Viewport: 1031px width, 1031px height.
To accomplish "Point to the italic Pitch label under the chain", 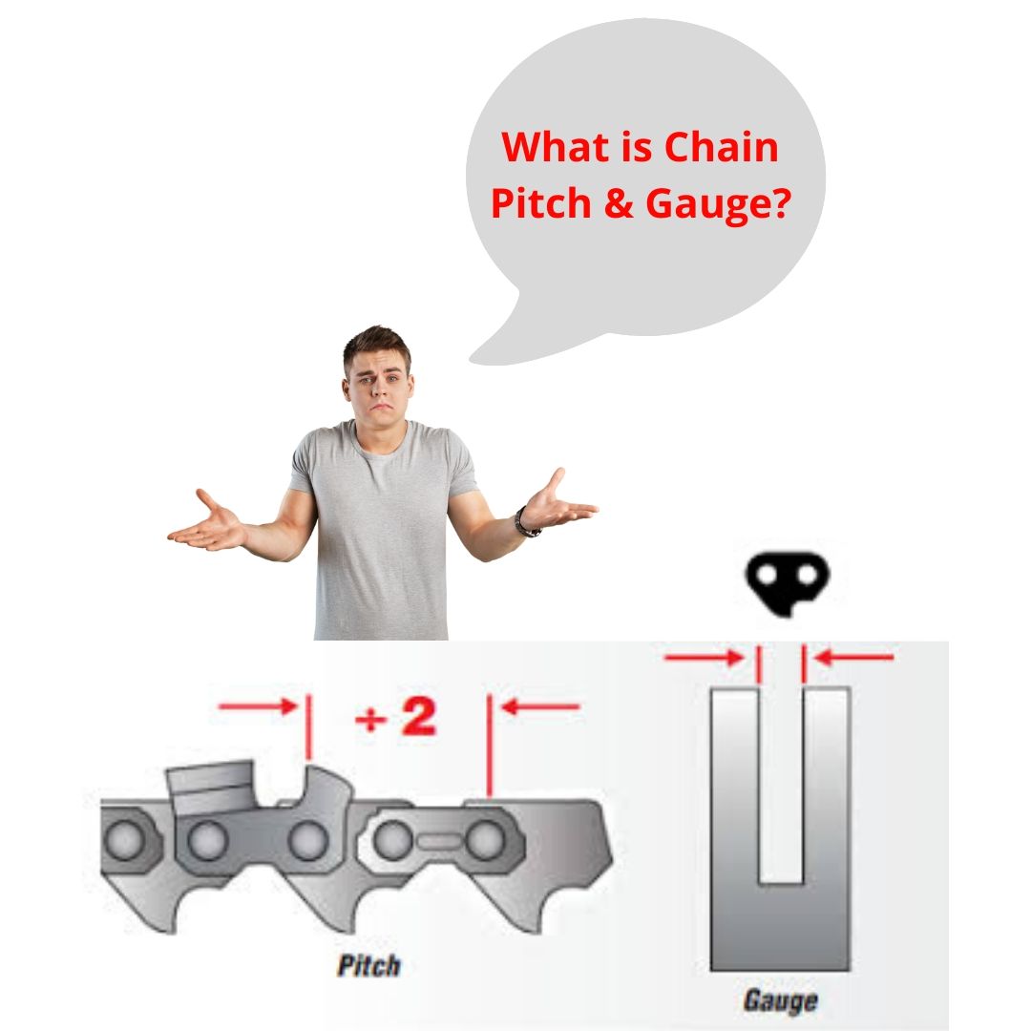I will point(369,965).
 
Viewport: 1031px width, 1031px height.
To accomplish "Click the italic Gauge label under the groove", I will point(781,1000).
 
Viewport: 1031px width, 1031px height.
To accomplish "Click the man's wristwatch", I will point(525,523).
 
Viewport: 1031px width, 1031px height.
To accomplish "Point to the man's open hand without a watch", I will point(208,523).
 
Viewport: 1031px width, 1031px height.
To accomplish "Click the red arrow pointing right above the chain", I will point(258,707).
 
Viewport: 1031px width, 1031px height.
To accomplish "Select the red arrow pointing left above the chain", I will point(540,707).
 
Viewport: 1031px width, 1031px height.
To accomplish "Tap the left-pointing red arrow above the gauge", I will point(854,657).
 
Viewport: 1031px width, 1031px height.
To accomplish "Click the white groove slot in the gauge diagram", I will point(780,783).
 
